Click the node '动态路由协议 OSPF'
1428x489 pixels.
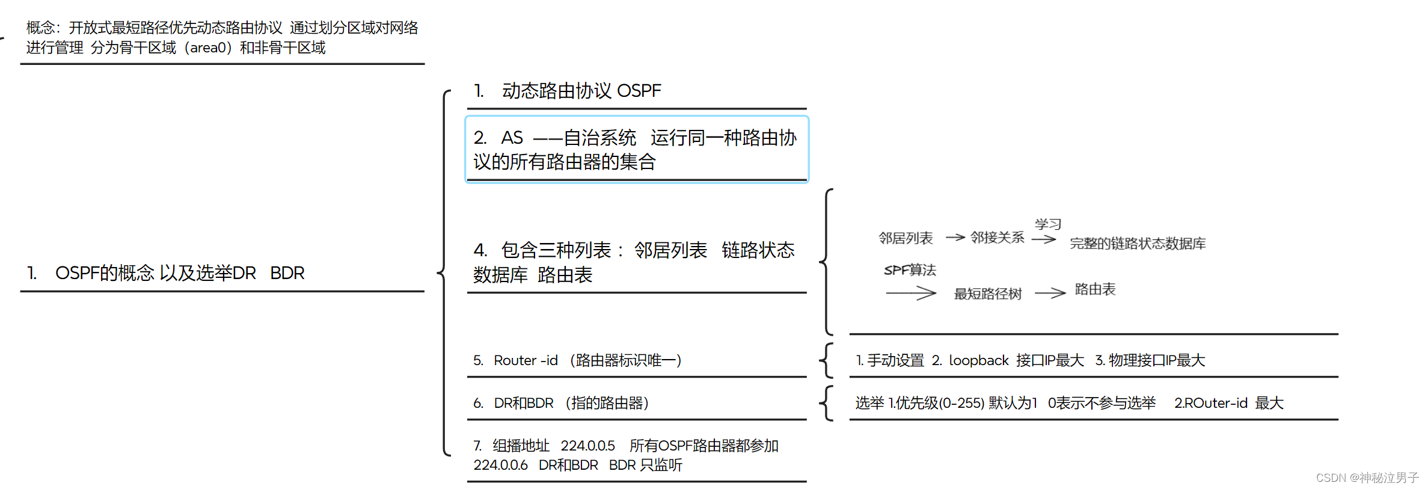[x=581, y=91]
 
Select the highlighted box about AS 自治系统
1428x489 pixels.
[x=636, y=149]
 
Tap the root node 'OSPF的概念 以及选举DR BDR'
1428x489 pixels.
[x=179, y=273]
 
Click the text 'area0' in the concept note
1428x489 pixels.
[x=207, y=48]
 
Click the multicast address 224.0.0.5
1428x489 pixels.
[x=587, y=446]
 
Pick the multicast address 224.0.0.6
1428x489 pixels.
[x=500, y=465]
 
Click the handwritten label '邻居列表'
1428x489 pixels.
[x=905, y=238]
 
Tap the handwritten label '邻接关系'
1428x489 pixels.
[x=997, y=238]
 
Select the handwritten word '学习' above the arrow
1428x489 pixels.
[x=1047, y=224]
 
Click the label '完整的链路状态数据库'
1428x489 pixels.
[x=1138, y=244]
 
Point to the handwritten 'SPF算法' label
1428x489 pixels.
[x=910, y=270]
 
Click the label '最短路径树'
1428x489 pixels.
[x=988, y=294]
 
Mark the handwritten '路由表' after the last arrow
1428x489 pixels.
[x=1095, y=289]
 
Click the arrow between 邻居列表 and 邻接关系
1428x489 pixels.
[x=955, y=238]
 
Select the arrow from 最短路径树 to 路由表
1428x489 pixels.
[x=1050, y=293]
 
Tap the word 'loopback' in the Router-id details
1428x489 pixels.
[x=978, y=360]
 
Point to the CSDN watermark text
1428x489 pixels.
[x=1367, y=478]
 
